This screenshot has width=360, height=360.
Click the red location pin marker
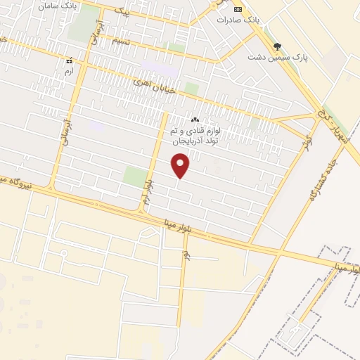coord(181,166)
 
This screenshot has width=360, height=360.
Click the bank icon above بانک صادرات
coord(237,9)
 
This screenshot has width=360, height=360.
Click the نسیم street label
coord(121,41)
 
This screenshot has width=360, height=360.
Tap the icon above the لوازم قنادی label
coord(195,120)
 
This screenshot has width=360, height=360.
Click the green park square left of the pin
coord(134,176)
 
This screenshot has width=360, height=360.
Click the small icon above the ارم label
coord(68,61)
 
